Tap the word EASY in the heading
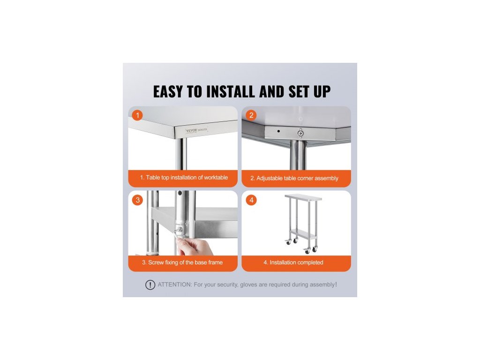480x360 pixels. coord(168,91)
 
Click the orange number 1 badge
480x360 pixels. coord(137,115)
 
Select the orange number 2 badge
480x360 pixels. coord(251,115)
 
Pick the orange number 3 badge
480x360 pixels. coord(137,200)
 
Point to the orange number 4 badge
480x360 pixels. coord(251,200)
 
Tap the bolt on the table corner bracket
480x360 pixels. coord(300,133)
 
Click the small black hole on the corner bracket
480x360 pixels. coord(278,131)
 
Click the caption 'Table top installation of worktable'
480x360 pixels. coord(187,178)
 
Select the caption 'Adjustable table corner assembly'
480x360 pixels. coord(297,178)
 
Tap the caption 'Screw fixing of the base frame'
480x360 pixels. coord(185,262)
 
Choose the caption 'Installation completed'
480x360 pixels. coord(296,262)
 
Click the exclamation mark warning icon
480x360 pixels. coord(150,285)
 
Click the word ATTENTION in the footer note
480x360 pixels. coord(175,285)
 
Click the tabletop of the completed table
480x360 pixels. coord(303,197)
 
